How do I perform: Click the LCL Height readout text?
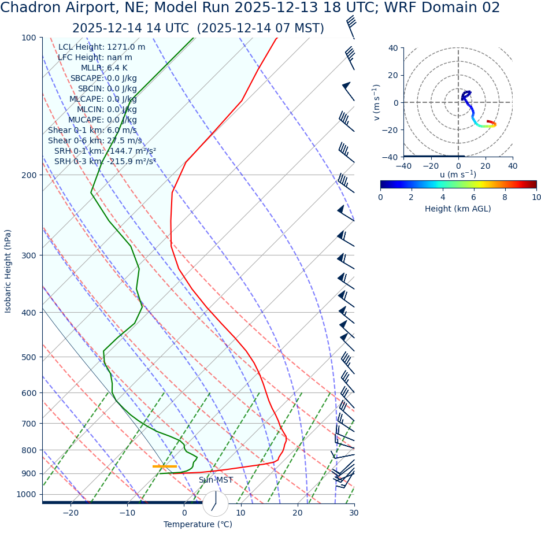click(102, 47)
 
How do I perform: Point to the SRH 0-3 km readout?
click(105, 162)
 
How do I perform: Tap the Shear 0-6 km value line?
click(95, 141)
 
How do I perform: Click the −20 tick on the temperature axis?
click(70, 513)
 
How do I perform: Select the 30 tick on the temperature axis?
click(354, 513)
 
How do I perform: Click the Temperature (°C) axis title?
click(198, 525)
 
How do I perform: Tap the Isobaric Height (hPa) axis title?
click(8, 271)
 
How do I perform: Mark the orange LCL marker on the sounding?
click(165, 466)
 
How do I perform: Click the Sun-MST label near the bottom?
click(216, 480)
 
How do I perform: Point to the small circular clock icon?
click(216, 503)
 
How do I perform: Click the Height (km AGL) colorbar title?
click(458, 209)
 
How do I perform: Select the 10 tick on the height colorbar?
click(536, 197)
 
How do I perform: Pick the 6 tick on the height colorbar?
click(474, 197)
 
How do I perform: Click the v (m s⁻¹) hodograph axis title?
click(377, 102)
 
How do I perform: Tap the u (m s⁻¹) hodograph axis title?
click(458, 175)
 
